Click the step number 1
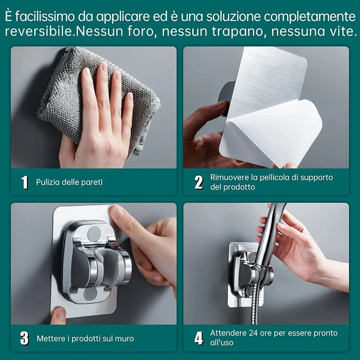(25, 182)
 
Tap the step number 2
(198, 182)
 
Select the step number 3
(25, 338)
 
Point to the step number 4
(198, 338)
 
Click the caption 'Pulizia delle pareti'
(69, 182)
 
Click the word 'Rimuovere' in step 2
(229, 177)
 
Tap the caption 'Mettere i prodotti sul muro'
(85, 338)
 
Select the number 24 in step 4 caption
(253, 333)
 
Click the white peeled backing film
(265, 135)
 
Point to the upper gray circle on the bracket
(94, 233)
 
